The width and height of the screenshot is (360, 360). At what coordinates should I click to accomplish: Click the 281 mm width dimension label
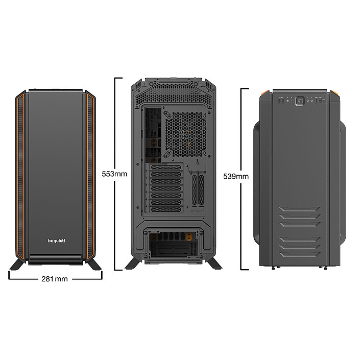(55, 279)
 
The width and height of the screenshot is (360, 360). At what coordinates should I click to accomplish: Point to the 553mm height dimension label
(114, 174)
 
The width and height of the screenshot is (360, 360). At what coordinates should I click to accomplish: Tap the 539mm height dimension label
(236, 176)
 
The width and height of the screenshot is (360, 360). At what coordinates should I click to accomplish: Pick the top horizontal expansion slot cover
(166, 167)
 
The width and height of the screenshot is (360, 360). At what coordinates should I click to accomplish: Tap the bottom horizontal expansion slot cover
(166, 209)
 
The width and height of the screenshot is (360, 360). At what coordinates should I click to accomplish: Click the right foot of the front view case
(95, 264)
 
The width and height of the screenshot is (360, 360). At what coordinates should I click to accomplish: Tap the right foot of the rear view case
(213, 263)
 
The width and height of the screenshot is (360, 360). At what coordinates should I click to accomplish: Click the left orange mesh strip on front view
(21, 174)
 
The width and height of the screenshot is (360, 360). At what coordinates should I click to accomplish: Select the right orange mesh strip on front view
(90, 174)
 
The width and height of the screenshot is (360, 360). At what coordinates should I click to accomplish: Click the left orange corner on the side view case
(265, 93)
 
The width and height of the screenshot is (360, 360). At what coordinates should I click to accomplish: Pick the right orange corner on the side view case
(334, 93)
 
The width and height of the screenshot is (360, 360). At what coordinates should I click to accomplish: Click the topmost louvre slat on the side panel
(300, 209)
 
